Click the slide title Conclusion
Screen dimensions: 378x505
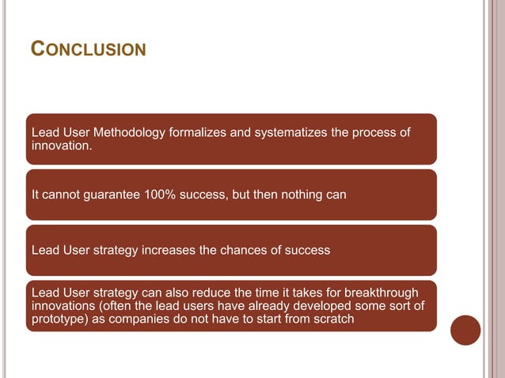pos(88,50)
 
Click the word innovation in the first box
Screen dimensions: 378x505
pos(59,146)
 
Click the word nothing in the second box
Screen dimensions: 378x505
pos(294,195)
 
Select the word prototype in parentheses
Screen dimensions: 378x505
pos(56,319)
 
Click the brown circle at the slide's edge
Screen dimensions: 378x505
pos(466,330)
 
